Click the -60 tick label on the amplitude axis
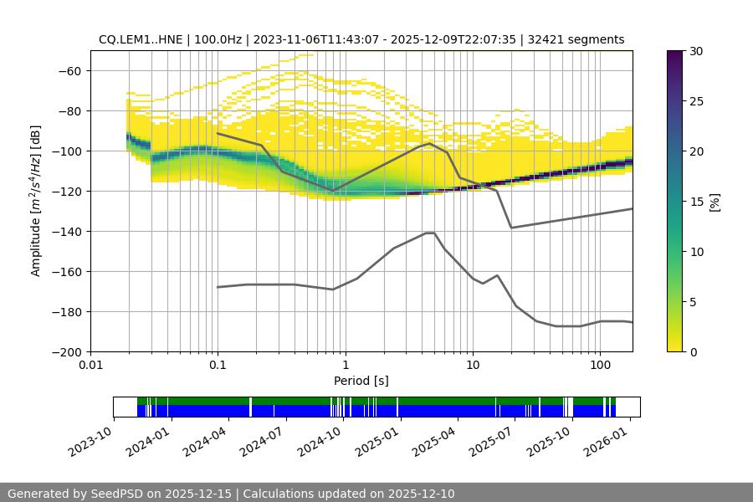pos(69,71)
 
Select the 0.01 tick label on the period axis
pos(90,366)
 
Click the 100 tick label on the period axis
pos(600,366)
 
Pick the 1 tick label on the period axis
pos(346,366)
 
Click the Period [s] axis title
pos(361,381)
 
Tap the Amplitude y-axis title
pos(36,201)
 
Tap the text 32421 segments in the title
pos(576,39)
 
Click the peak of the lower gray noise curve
pos(430,233)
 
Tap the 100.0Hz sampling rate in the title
pos(218,39)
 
